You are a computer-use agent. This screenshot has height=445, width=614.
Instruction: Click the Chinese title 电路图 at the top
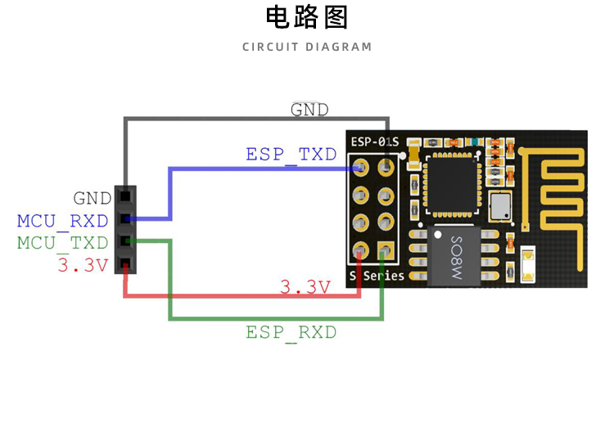pos(307,17)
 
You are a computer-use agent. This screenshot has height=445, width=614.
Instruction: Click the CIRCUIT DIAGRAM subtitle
pos(307,47)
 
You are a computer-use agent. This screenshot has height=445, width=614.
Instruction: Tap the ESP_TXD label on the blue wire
pos(291,154)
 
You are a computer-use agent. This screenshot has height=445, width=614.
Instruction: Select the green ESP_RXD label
pos(291,333)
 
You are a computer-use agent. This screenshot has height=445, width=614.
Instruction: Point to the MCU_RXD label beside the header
pos(63,221)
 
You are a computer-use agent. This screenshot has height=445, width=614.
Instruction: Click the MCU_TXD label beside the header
pos(63,243)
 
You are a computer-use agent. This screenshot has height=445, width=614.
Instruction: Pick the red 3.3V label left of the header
pos(83,265)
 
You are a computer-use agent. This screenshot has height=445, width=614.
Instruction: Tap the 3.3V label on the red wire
pos(305,287)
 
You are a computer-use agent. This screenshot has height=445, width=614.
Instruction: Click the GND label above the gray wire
pos(309,110)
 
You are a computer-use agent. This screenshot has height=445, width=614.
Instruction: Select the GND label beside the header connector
pos(92,198)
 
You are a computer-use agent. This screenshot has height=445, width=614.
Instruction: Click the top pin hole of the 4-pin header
pos(125,197)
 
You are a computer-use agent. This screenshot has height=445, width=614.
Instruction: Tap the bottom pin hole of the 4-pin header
pos(125,263)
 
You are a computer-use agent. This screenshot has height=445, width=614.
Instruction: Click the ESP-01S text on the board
pos(374,142)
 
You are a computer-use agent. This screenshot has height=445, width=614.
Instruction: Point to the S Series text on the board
pos(377,276)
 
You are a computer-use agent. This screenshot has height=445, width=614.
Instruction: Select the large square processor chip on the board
pos(453,185)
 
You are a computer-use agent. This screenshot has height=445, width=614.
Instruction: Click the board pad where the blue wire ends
pos(360,169)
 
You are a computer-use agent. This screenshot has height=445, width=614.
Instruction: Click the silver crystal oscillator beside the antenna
pos(499,206)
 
